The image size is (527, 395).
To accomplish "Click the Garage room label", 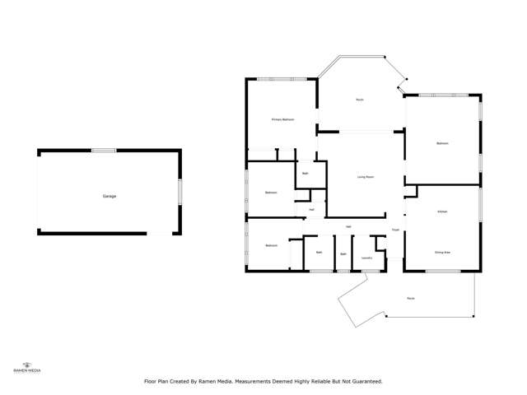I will tap(109, 196).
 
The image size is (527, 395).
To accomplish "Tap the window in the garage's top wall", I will tap(104, 150).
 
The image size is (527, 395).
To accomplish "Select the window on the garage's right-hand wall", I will tap(180, 191).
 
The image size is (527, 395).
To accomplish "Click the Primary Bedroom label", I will tap(282, 119).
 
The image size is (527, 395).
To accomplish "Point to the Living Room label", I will tap(366, 177).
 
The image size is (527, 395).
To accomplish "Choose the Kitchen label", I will tap(442, 212).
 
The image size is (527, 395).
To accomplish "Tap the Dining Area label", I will tap(442, 252).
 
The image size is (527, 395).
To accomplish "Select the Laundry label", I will tap(366, 258).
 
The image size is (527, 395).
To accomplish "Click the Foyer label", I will tap(395, 230).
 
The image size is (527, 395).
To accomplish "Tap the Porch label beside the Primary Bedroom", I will tap(360, 100).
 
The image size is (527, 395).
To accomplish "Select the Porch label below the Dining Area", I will tap(410, 298).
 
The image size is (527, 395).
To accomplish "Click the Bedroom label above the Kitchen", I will tap(442, 144).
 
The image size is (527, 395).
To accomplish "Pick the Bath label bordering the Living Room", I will tap(305, 174).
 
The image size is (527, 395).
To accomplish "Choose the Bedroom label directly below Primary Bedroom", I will tap(271, 193).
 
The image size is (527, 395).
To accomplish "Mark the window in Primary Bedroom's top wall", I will tap(282, 79).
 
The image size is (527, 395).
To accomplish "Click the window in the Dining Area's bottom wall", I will tap(443, 271).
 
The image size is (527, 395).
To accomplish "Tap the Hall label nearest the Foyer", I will tap(349, 226).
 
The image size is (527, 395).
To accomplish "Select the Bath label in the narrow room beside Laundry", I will tap(343, 254).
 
